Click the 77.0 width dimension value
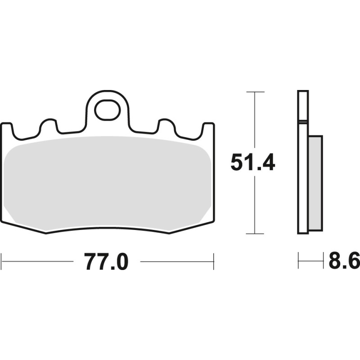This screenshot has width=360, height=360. click(x=106, y=261)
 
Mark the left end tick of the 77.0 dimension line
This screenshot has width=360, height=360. click(x=2, y=261)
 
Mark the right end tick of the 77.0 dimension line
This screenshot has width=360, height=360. click(x=213, y=261)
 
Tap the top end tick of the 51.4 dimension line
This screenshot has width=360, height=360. click(x=255, y=92)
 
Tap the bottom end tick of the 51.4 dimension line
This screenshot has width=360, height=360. click(x=255, y=234)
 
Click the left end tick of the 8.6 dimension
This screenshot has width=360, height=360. click(x=298, y=261)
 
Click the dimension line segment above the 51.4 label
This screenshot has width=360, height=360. click(x=255, y=121)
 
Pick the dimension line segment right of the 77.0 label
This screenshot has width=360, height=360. click(x=175, y=261)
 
